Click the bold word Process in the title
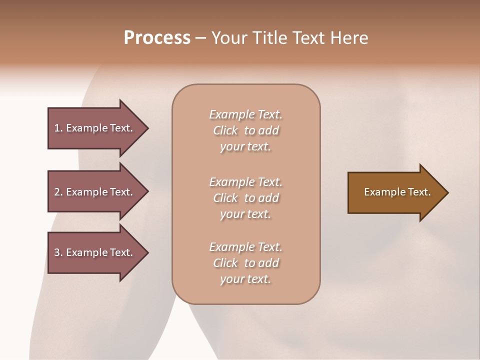[157, 38]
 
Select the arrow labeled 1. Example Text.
[95, 128]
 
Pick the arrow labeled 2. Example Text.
[95, 192]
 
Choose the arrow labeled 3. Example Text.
[95, 252]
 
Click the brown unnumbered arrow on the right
[395, 192]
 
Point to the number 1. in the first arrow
[58, 128]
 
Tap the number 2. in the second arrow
[58, 192]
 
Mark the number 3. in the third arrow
[58, 252]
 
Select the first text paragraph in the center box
[245, 130]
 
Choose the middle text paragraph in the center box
[245, 198]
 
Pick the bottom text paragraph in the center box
[245, 263]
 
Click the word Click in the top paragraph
[225, 130]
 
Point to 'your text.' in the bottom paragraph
[245, 279]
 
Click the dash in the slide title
[200, 38]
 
